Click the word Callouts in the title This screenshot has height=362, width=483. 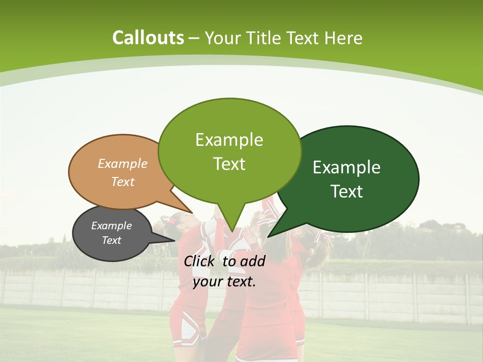(x=148, y=38)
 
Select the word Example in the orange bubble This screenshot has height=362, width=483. (x=123, y=163)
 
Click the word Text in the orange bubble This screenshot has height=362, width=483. (x=123, y=182)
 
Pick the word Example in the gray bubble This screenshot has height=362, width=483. (x=111, y=226)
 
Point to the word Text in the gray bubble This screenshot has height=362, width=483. (x=111, y=240)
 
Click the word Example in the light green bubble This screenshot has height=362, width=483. (x=229, y=140)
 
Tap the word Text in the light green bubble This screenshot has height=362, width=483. (x=229, y=164)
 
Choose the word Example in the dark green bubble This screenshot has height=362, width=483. (x=347, y=167)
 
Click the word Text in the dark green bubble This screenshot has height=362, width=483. (x=347, y=192)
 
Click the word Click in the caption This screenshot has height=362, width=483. (x=200, y=261)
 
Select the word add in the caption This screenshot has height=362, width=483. (x=252, y=261)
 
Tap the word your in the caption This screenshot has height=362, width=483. (x=207, y=282)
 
